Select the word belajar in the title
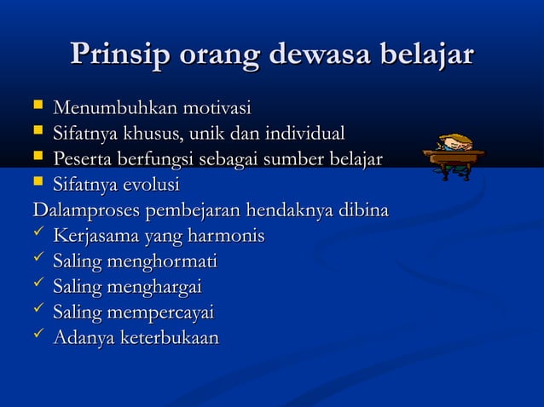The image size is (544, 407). coord(426,56)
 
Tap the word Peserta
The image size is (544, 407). coord(81,159)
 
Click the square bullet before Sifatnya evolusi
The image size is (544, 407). coord(38,185)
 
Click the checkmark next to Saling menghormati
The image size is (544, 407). coord(38,261)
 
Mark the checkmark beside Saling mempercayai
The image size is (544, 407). coord(38,312)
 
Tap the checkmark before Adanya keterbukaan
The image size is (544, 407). coord(38,337)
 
